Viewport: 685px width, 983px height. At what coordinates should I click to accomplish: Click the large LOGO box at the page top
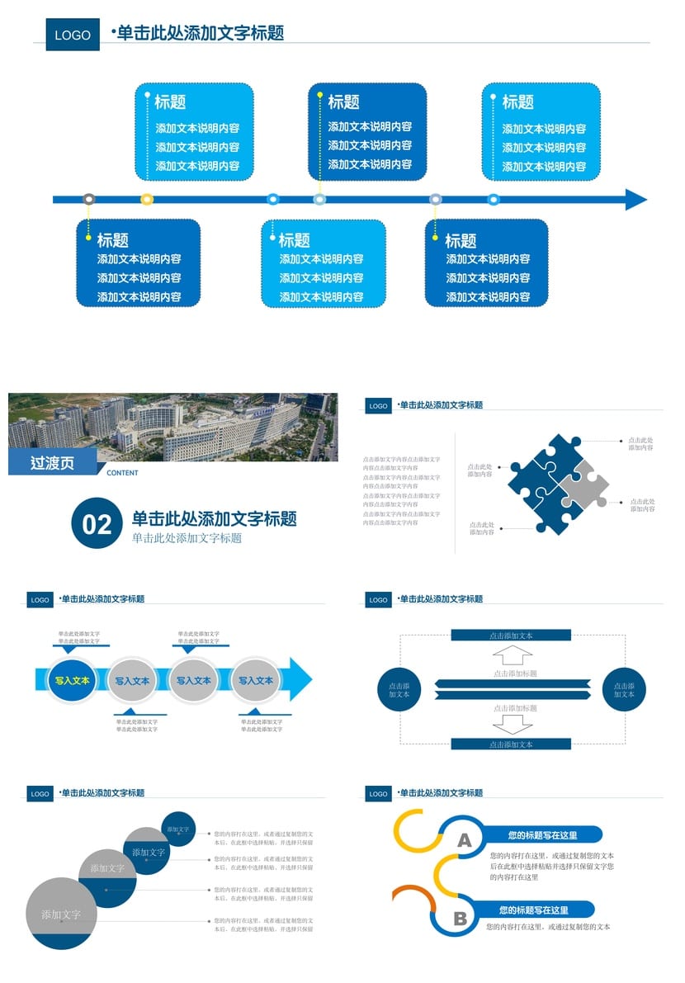tap(73, 35)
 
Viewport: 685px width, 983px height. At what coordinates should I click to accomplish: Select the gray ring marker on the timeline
tap(89, 199)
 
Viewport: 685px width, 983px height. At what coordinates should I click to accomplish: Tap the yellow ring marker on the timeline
tap(147, 199)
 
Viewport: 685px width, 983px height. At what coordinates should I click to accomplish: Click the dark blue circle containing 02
tap(97, 523)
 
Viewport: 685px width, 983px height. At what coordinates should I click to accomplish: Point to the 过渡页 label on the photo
tap(52, 463)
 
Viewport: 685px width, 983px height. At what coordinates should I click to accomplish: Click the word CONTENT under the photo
tap(122, 473)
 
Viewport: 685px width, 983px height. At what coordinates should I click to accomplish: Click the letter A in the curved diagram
tap(465, 840)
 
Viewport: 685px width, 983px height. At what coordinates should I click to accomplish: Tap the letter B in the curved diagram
tap(460, 919)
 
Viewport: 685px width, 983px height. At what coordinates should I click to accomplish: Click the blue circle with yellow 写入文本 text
tap(73, 681)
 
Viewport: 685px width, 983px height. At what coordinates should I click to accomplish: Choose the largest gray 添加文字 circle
tap(61, 914)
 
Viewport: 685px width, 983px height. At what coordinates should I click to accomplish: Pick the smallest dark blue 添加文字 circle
tap(178, 829)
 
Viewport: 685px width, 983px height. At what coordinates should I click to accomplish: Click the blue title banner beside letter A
tap(542, 835)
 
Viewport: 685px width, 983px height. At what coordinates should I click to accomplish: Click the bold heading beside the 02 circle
tap(214, 519)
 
